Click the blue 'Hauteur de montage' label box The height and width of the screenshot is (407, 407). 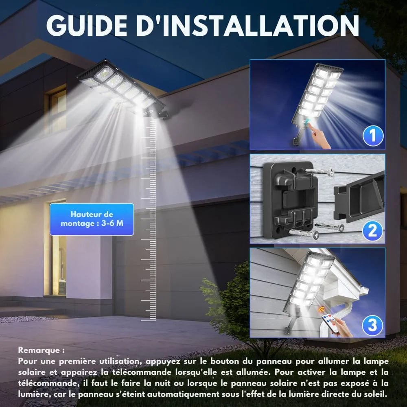pyautogui.click(x=92, y=219)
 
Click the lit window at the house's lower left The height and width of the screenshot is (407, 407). pyautogui.click(x=57, y=248)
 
